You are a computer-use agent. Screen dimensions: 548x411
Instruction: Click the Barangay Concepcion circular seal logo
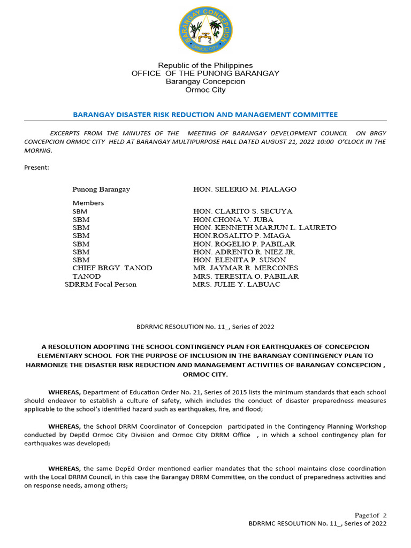pos(205,31)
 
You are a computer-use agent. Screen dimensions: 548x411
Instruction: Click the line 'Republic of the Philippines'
pos(205,65)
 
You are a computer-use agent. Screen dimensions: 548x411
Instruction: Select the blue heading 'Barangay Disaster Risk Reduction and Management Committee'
pos(205,115)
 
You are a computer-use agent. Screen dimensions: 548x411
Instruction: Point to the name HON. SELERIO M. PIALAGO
pos(245,189)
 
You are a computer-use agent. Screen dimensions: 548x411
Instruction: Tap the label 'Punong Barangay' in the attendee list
pos(101,189)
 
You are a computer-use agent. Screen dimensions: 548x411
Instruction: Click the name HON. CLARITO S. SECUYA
pos(242,211)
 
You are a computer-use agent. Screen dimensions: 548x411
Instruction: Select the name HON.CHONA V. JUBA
pos(233,219)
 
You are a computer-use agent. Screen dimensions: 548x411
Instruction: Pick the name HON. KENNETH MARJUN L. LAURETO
pos(264,227)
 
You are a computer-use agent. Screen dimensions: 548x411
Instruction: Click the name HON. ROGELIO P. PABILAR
pos(243,243)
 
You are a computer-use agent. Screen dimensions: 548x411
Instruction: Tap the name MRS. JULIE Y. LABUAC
pos(236,284)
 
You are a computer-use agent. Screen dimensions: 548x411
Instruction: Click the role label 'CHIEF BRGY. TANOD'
pos(112,268)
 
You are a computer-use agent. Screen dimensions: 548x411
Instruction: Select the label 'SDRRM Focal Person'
pos(101,284)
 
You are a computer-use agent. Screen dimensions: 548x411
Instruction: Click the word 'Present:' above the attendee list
pos(36,168)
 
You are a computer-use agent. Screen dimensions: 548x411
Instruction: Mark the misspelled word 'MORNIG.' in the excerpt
pos(39,150)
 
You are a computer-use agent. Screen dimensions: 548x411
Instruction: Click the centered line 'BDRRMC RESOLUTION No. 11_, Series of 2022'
pos(205,326)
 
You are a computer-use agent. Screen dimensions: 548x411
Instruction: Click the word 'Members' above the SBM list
pos(88,203)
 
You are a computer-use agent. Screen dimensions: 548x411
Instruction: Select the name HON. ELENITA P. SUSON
pos(239,260)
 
